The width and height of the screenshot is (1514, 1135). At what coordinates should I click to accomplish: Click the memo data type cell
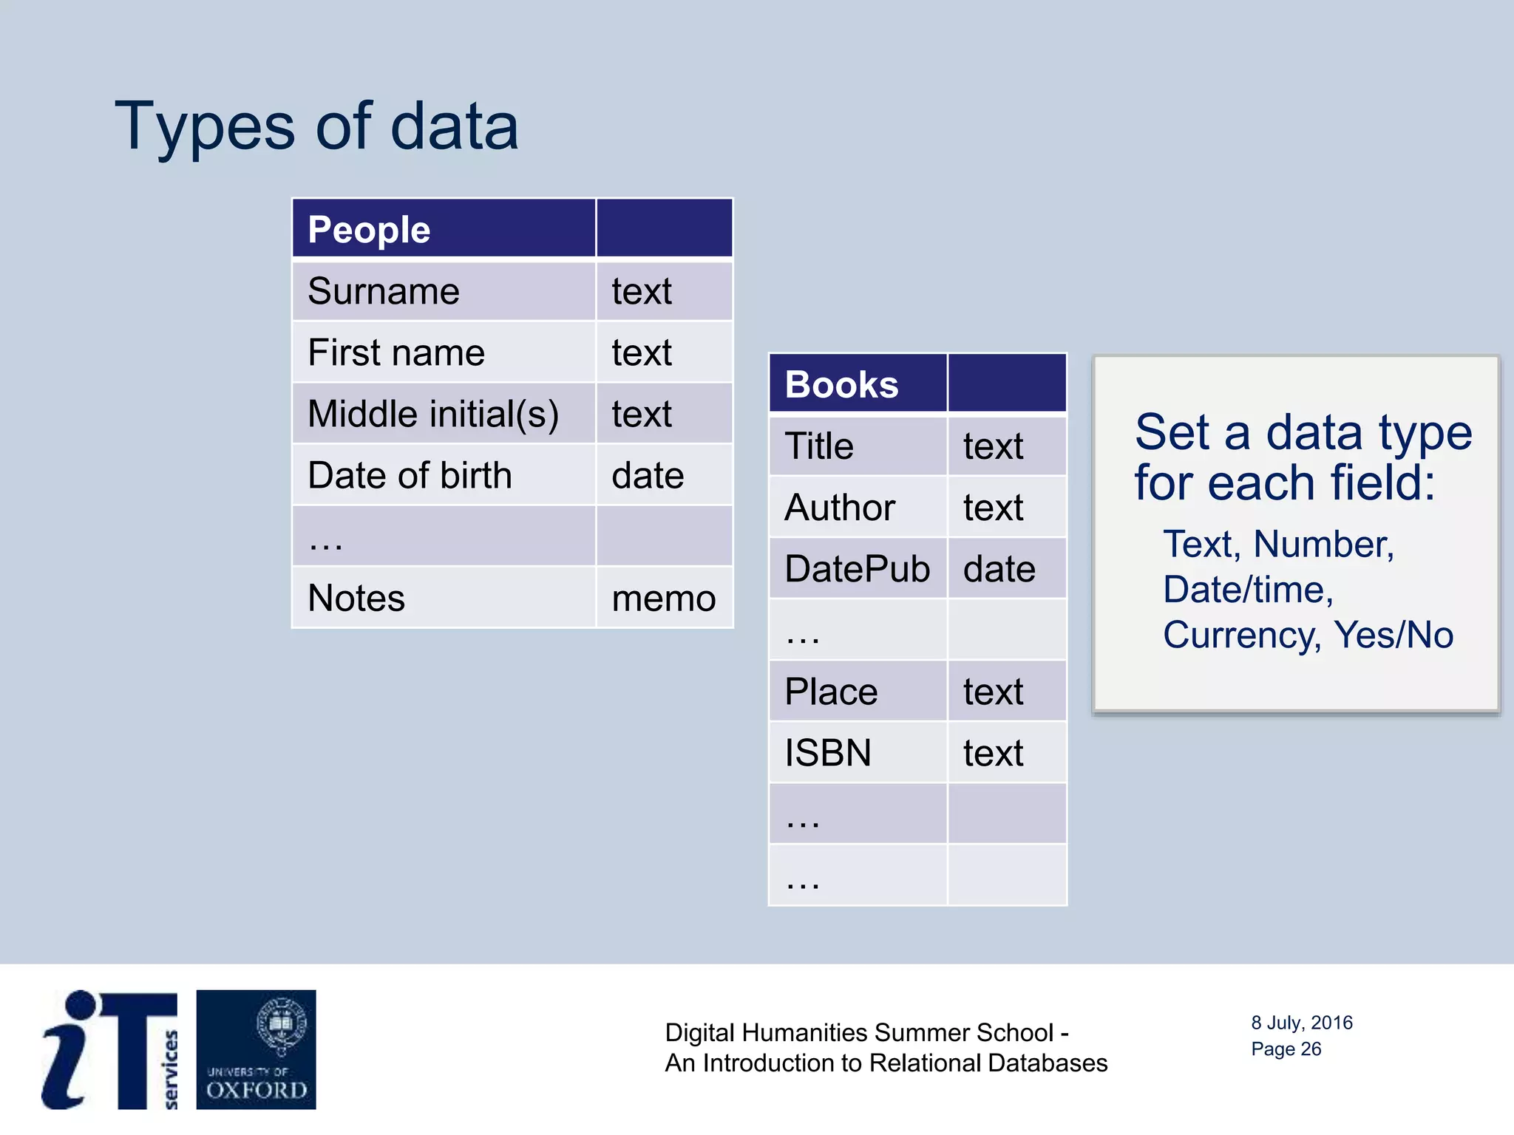point(663,598)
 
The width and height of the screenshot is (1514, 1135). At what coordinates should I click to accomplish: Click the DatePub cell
point(857,569)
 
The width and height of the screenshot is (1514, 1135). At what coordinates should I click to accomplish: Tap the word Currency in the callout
point(1241,635)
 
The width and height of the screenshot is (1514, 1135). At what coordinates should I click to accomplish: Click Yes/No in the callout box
point(1393,635)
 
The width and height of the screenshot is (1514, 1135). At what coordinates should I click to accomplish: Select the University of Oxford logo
point(256,1049)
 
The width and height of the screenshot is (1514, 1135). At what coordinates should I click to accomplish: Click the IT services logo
point(109,1049)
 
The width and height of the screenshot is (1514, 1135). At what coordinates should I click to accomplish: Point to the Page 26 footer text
point(1286,1049)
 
